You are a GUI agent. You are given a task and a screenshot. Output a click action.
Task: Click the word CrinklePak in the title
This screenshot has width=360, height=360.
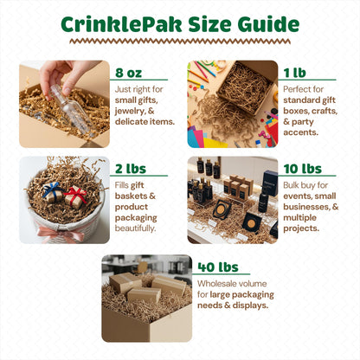[x=121, y=24]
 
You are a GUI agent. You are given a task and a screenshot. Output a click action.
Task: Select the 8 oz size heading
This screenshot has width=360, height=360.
[x=129, y=73]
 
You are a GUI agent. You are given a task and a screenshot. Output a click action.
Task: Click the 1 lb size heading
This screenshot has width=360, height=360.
[x=294, y=73]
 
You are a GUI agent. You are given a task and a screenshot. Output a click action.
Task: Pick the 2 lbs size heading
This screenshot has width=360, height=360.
[x=131, y=169]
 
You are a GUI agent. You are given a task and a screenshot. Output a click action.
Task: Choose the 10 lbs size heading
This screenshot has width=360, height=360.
[x=303, y=169]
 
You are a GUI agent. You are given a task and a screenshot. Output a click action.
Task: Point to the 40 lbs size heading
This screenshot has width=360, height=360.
[x=218, y=267]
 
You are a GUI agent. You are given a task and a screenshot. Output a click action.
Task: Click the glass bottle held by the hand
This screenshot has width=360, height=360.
[x=69, y=108]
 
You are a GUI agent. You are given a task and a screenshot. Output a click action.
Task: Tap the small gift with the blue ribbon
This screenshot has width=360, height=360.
[x=53, y=192]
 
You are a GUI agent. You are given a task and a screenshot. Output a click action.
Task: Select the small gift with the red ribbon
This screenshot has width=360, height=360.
[x=75, y=196]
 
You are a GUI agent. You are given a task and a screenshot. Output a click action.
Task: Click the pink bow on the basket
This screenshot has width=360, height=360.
[x=61, y=234]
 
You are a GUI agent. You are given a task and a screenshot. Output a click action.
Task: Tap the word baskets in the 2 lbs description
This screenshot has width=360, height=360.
[x=132, y=196]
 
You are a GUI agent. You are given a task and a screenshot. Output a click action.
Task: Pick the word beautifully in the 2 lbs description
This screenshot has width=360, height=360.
[x=135, y=228]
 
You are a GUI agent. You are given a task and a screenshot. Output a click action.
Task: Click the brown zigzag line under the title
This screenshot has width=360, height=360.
[x=180, y=42]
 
